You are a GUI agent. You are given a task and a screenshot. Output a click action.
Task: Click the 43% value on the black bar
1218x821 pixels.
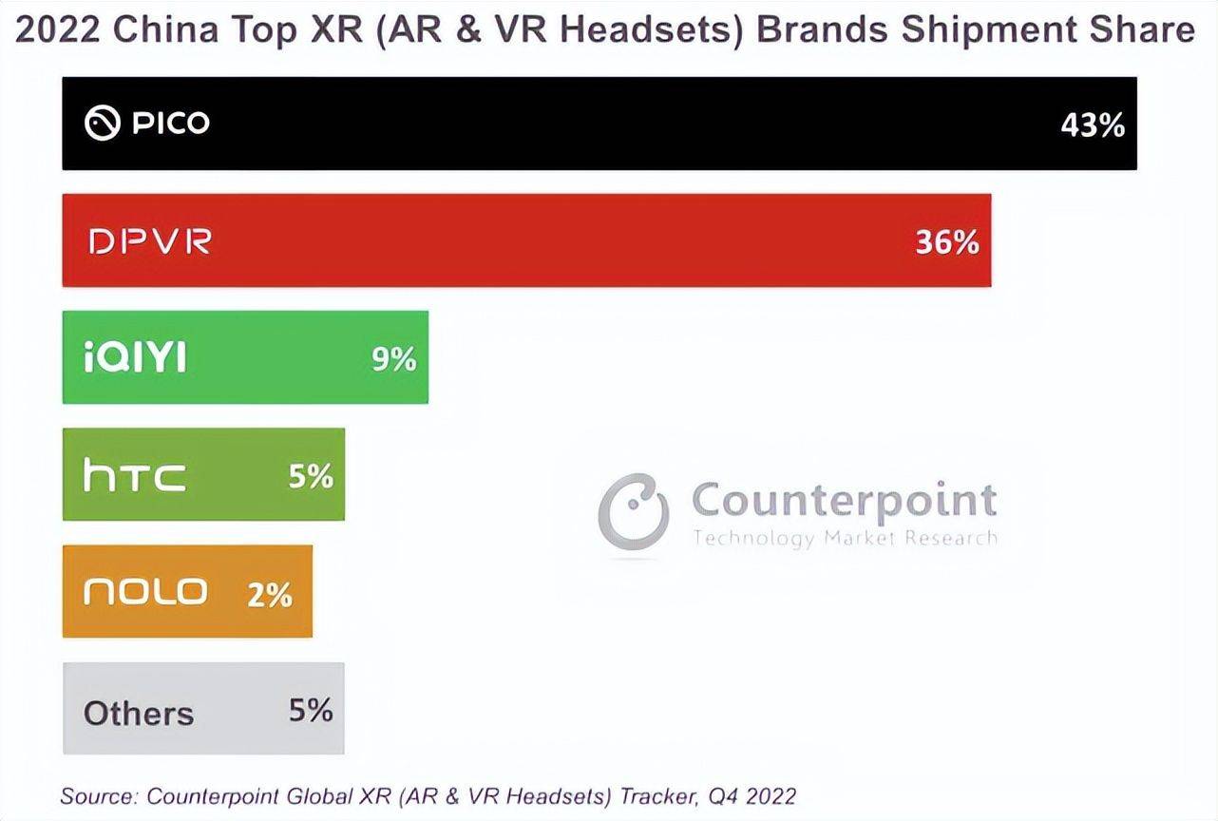point(1093,124)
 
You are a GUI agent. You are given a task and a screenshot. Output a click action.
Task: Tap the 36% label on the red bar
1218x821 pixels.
point(947,242)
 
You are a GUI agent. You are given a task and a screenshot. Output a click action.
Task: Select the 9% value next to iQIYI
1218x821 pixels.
point(394,358)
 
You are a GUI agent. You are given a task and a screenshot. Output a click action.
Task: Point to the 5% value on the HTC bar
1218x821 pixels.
point(311,475)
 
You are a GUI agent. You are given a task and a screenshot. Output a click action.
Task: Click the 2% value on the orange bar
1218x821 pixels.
point(270,594)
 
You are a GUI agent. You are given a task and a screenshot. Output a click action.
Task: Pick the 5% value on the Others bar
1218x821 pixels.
point(311,710)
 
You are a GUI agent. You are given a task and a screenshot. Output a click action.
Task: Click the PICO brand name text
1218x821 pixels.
point(171,124)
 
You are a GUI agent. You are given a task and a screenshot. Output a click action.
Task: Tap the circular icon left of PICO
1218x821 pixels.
point(102,124)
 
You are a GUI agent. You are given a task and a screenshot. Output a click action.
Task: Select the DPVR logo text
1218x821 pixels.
point(150,241)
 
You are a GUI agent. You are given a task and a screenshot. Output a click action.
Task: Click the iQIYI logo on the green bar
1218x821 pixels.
point(135,358)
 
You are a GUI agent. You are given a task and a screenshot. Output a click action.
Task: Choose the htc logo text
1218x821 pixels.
point(134,475)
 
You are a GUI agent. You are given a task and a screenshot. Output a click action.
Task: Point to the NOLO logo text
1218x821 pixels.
point(145,592)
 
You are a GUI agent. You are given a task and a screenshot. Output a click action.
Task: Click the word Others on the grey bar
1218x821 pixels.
point(139,713)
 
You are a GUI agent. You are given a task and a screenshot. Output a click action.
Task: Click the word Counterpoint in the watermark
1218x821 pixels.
point(844,499)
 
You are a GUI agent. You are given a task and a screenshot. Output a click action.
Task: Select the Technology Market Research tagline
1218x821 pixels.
point(845,538)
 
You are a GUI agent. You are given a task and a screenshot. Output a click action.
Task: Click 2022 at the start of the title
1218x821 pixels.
point(57,30)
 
